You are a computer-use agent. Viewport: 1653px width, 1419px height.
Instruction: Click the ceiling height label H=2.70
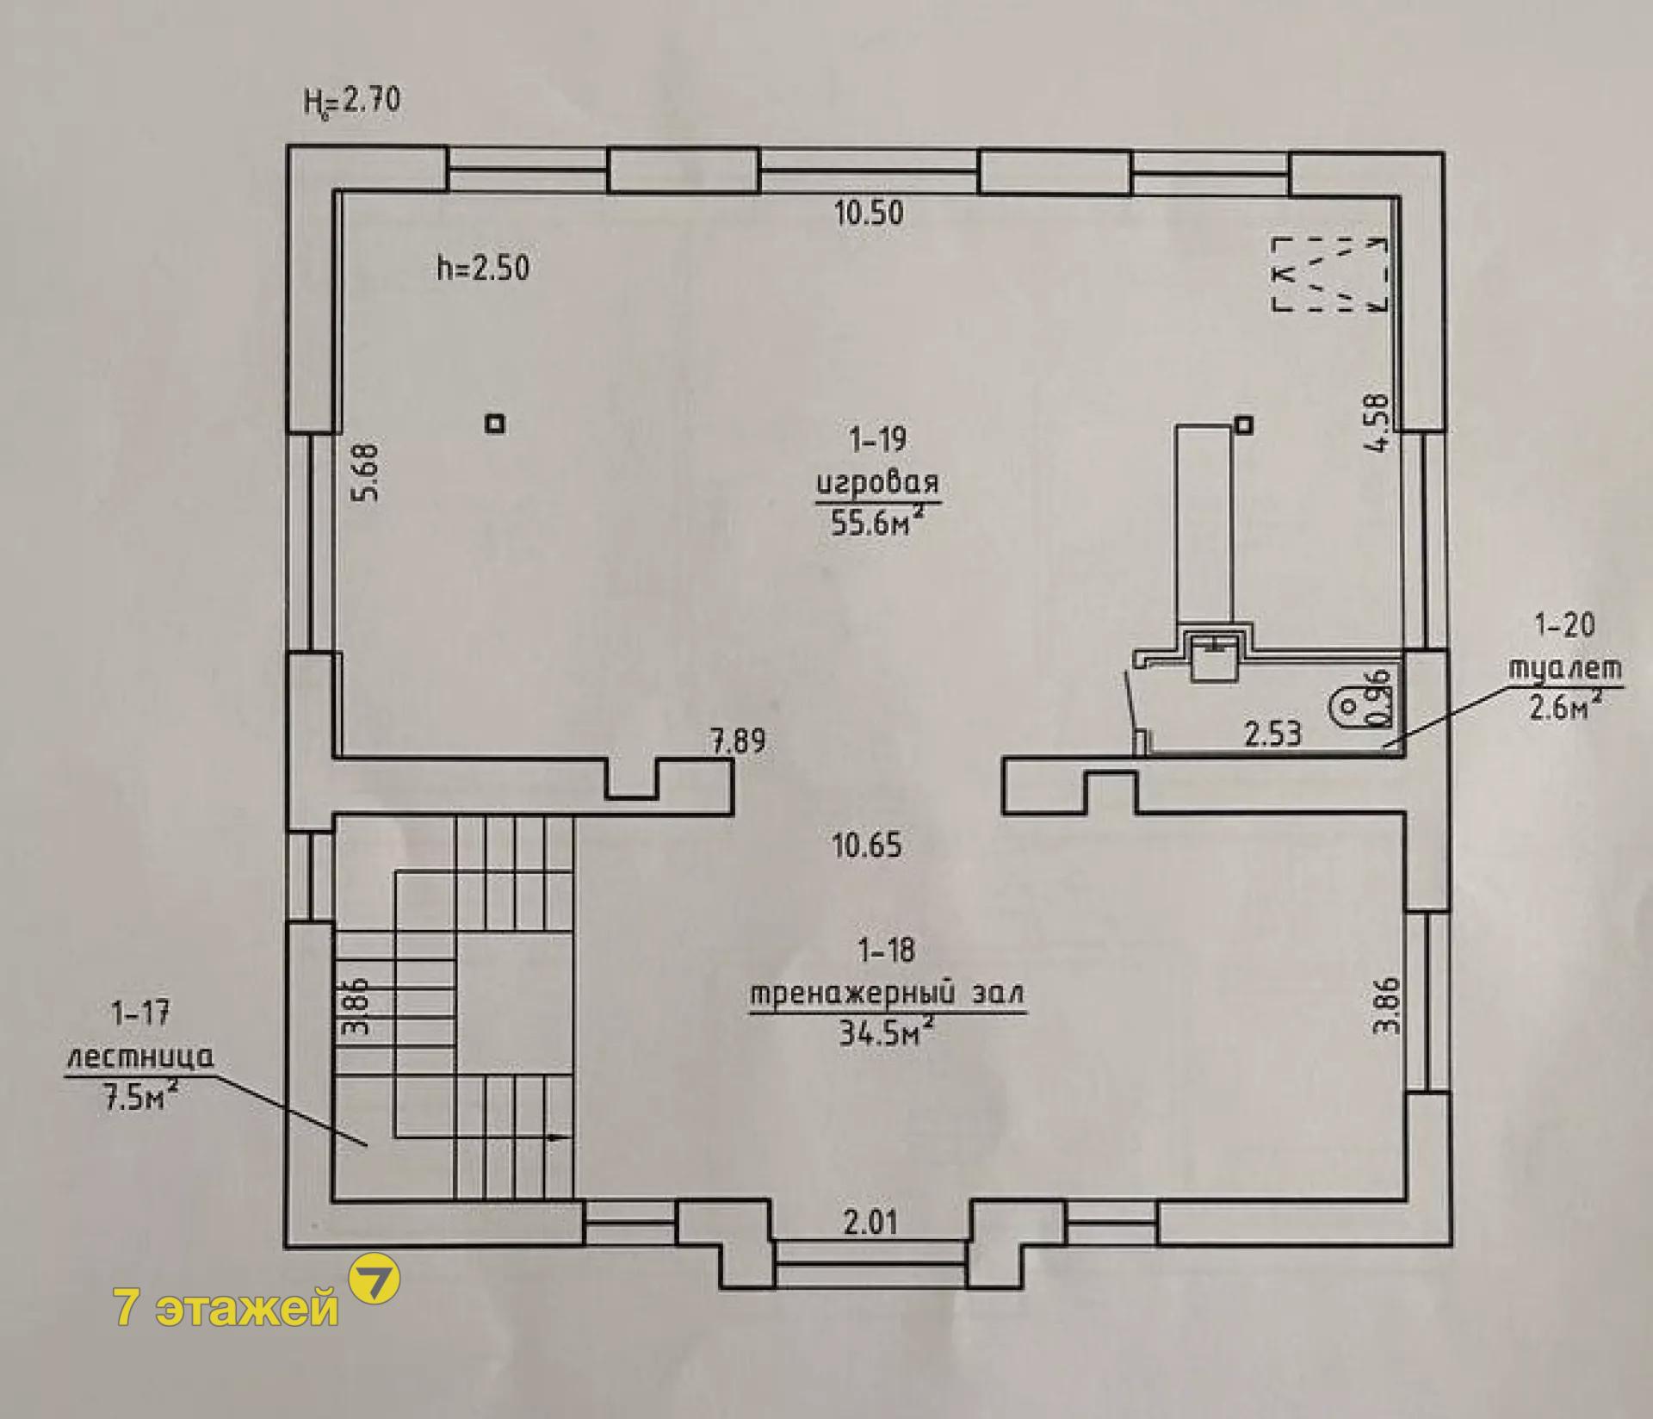(351, 102)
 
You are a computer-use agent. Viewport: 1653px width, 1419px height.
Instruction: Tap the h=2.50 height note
(483, 268)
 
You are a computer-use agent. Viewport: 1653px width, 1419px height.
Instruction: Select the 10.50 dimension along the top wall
(870, 212)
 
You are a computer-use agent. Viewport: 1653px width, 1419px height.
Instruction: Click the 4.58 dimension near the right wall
(1377, 422)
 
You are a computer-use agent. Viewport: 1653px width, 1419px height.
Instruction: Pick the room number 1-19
(877, 441)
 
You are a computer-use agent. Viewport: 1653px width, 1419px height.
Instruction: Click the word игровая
(877, 484)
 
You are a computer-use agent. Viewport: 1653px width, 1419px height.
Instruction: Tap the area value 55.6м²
(878, 521)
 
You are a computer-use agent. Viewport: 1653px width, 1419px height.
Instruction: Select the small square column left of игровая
(495, 424)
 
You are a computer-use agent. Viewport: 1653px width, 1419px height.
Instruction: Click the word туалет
(1564, 669)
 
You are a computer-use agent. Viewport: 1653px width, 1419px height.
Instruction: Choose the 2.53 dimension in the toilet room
(1273, 734)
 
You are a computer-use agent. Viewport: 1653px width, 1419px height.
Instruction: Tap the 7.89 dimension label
(737, 741)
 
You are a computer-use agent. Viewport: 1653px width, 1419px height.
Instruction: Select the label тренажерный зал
(888, 994)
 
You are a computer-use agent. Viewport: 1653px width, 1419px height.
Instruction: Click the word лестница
(140, 1057)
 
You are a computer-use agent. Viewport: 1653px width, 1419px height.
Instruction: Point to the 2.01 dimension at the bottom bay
(870, 1222)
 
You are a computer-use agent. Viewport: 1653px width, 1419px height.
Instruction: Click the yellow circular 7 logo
(374, 1279)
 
